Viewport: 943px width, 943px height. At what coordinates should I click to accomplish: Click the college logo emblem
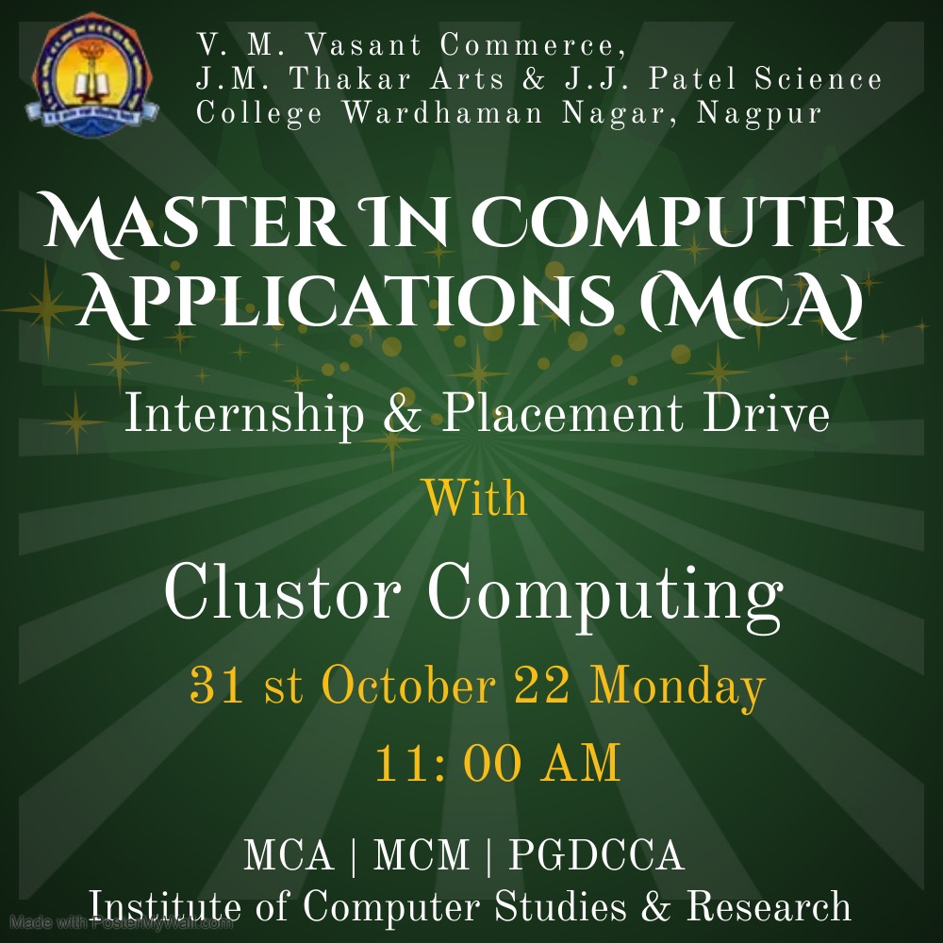pos(92,74)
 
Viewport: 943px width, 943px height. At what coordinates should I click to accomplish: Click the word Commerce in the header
pos(533,45)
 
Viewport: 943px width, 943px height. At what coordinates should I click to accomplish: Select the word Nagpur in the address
pos(758,114)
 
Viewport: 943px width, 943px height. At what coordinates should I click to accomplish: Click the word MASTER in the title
pos(193,222)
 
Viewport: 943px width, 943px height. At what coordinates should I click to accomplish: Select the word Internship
pos(244,414)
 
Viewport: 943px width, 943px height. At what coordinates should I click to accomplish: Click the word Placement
pos(563,414)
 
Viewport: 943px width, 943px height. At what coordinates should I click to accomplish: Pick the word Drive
pos(766,414)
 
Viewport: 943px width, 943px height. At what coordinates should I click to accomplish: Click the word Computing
pos(605,597)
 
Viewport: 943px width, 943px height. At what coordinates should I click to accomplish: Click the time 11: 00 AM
pos(497,763)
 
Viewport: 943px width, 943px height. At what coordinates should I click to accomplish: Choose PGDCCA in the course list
pos(597,854)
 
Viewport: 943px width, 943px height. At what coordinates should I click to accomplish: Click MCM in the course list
pos(421,854)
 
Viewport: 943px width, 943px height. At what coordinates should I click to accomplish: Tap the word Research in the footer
pos(769,905)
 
